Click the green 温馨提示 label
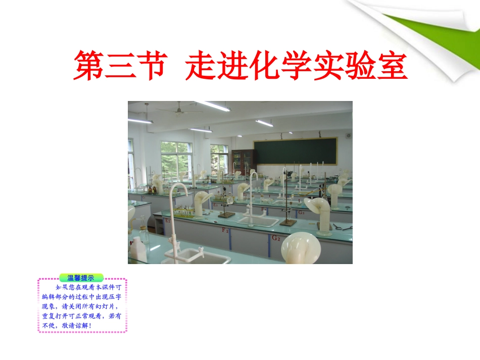pyautogui.click(x=81, y=278)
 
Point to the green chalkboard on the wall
pyautogui.click(x=295, y=151)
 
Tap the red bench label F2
pyautogui.click(x=225, y=230)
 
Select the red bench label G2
pyautogui.click(x=275, y=237)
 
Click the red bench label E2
pyautogui.click(x=167, y=220)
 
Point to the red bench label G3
pyautogui.click(x=301, y=212)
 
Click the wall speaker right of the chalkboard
pyautogui.click(x=348, y=135)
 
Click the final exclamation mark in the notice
pyautogui.click(x=89, y=325)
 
